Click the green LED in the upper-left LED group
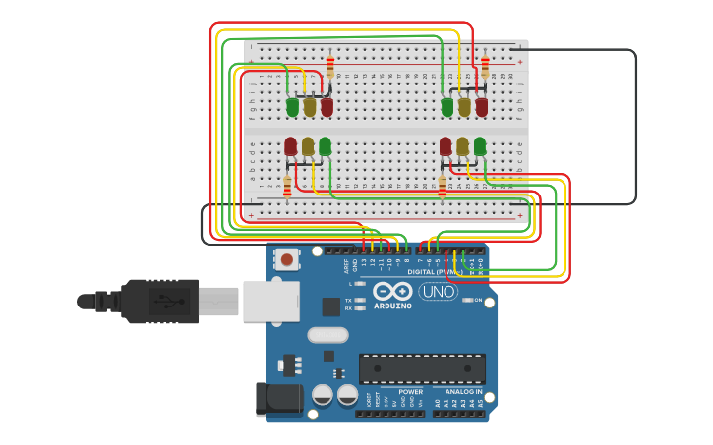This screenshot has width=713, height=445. (x=292, y=106)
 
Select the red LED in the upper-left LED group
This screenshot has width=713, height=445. (x=327, y=106)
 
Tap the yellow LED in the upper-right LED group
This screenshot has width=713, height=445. (x=464, y=106)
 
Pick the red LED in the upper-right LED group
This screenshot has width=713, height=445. (x=481, y=106)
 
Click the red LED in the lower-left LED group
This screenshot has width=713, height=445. (x=290, y=146)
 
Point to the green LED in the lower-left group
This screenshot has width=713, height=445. (x=325, y=146)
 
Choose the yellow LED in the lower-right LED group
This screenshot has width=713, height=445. (x=462, y=146)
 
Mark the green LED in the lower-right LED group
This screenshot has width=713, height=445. (x=479, y=146)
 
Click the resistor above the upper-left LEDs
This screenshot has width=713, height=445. (x=329, y=66)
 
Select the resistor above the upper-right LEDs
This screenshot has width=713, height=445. (x=484, y=66)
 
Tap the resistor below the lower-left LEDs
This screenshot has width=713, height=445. (x=287, y=186)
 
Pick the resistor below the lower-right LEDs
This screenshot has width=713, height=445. (x=442, y=186)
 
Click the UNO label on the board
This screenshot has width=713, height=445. (x=438, y=291)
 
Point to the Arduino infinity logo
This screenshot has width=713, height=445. (x=391, y=291)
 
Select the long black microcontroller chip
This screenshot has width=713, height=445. (x=422, y=368)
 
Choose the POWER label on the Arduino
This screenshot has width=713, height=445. (x=410, y=391)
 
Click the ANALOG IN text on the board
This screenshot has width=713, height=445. (x=463, y=391)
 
